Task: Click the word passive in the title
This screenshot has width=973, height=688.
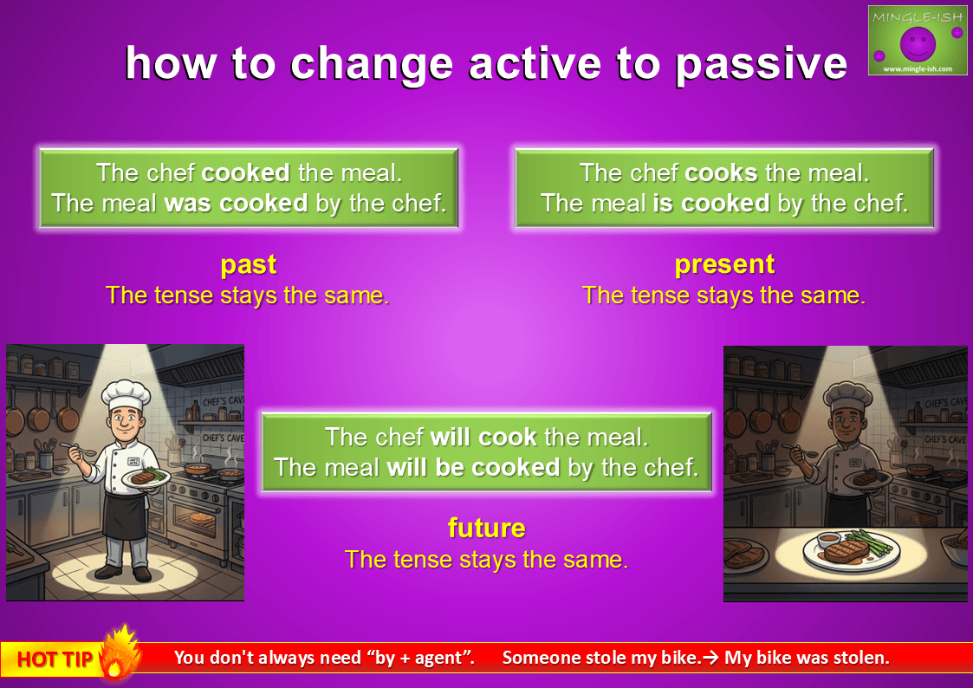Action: coord(761,64)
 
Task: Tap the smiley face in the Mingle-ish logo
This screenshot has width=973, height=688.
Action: coord(918,44)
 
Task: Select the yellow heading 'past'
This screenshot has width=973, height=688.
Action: coord(248,265)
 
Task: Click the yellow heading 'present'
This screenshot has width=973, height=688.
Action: coord(724,265)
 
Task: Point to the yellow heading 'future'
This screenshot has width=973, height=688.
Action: coord(487,529)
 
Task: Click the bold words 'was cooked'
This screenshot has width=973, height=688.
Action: coord(236,203)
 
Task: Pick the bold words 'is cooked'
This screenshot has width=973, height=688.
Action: coord(711,203)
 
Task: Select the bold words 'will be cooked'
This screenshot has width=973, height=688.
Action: coord(473,467)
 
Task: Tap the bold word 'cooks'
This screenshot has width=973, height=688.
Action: coord(721,172)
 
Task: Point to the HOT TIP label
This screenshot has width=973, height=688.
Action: coord(55,659)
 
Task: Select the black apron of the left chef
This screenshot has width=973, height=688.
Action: coord(126,513)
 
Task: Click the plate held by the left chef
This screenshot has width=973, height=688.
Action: coord(146,477)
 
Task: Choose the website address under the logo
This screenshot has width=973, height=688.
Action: coord(918,68)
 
